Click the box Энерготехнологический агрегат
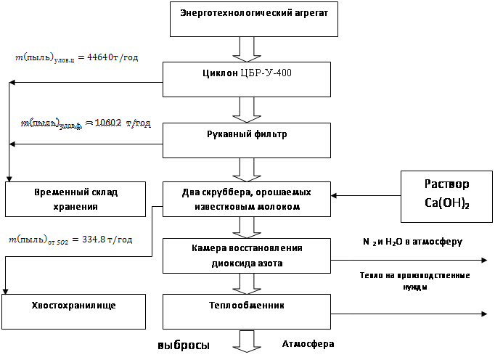(x=253, y=19)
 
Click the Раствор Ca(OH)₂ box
(x=446, y=195)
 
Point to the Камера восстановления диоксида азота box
(x=247, y=255)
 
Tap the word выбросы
(x=184, y=346)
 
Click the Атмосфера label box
(x=308, y=344)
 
